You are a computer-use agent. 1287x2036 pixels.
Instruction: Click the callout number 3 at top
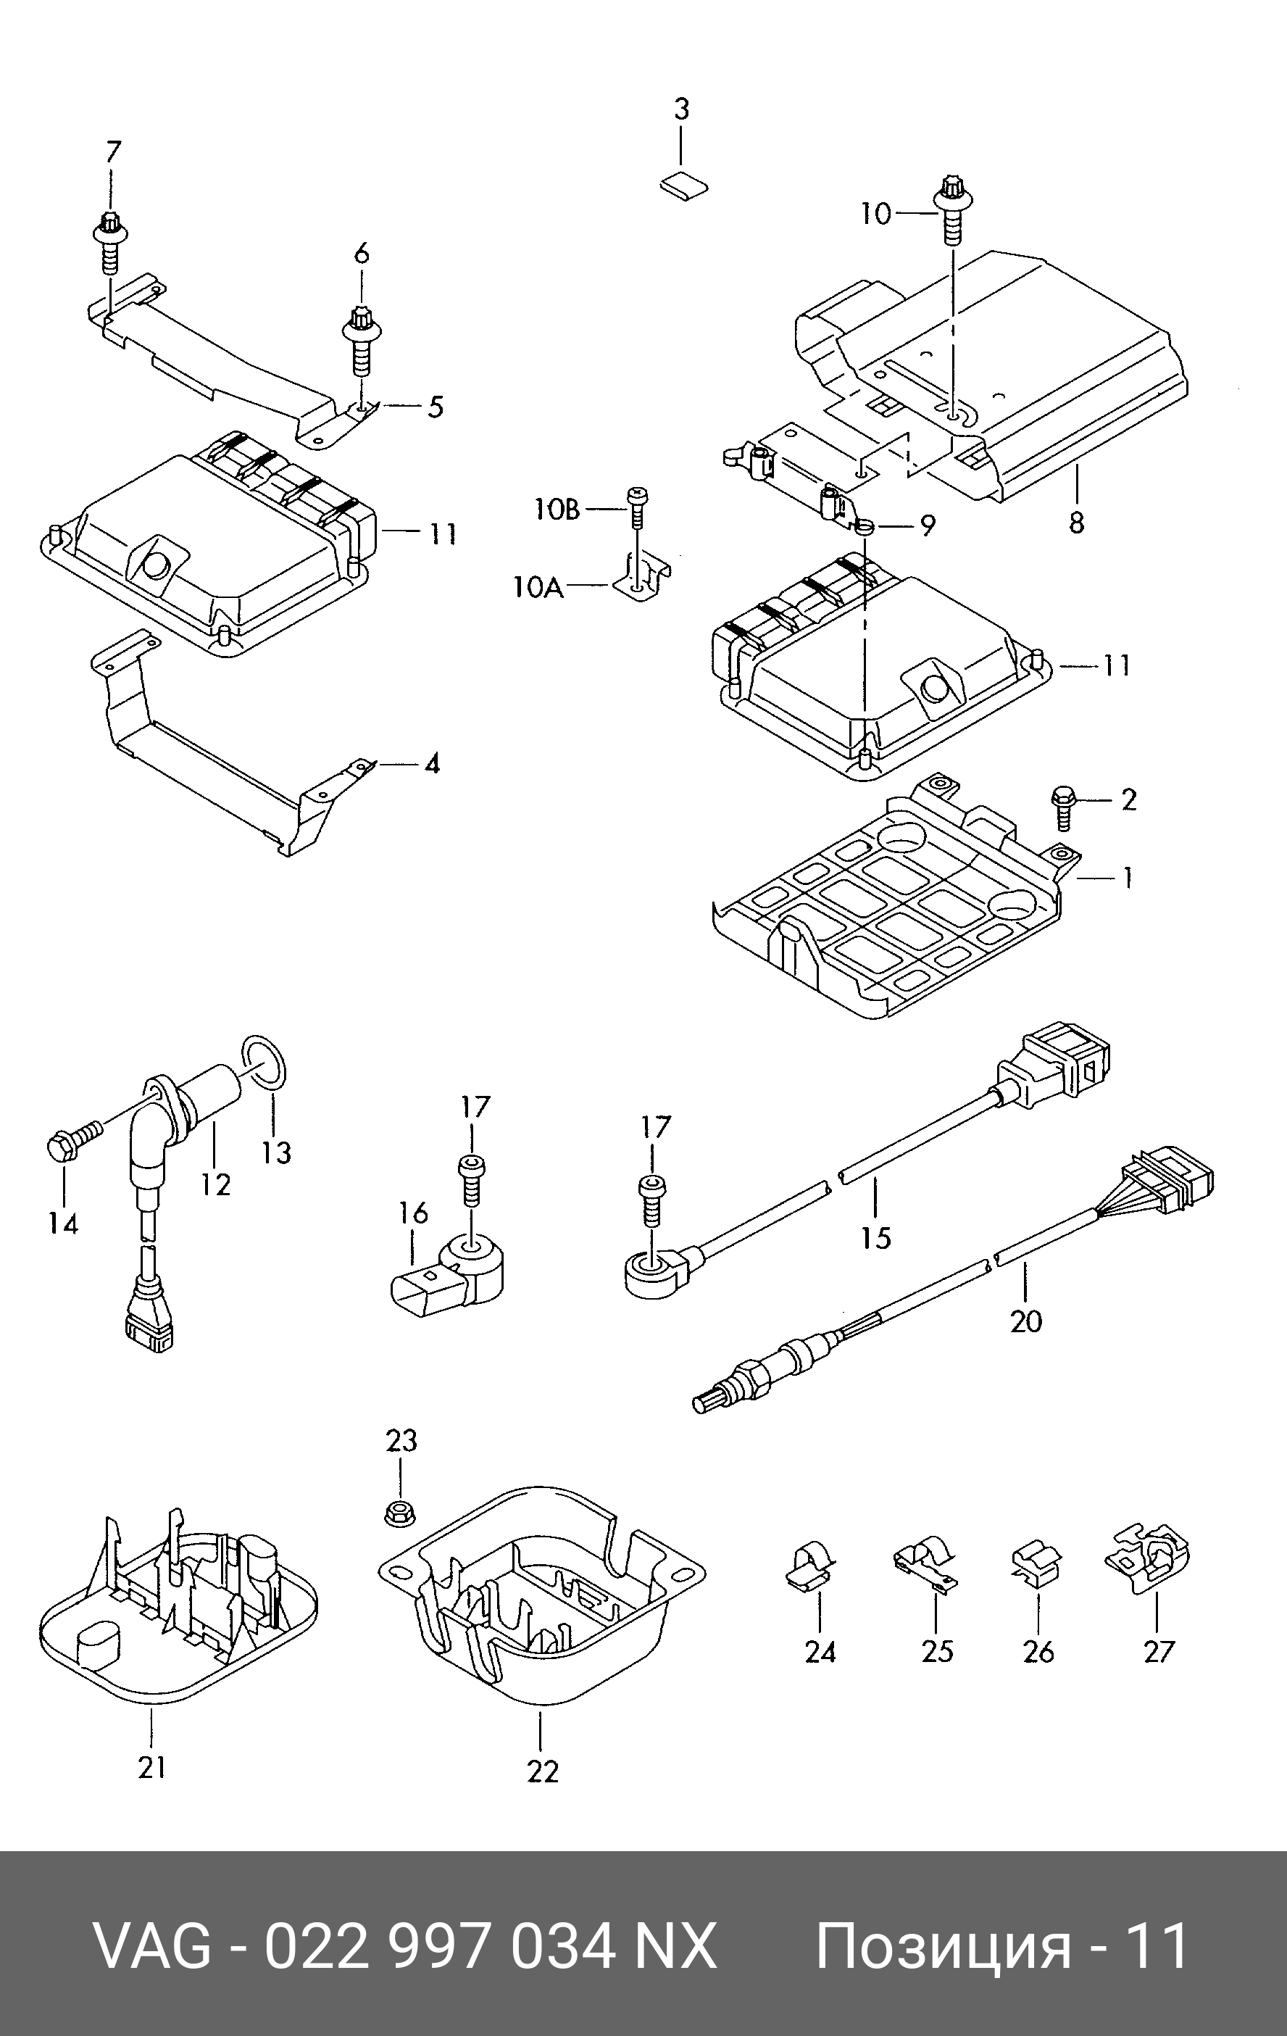click(x=682, y=109)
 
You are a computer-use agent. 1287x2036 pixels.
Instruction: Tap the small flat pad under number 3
click(x=684, y=187)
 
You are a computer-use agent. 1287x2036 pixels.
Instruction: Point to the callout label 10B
click(x=557, y=509)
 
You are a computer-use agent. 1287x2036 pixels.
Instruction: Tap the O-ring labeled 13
click(x=267, y=1058)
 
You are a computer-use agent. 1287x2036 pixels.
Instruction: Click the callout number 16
click(x=414, y=1214)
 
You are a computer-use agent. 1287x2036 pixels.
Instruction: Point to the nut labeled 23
click(x=399, y=1513)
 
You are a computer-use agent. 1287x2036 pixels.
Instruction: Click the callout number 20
click(x=1025, y=1320)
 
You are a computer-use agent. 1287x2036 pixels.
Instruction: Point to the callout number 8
click(x=1075, y=523)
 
